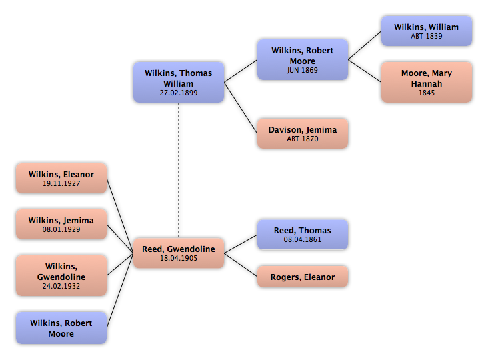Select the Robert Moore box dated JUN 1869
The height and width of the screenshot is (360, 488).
coord(302,59)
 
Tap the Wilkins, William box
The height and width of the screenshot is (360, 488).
coord(426,31)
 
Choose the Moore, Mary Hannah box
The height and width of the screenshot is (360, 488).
coord(426,82)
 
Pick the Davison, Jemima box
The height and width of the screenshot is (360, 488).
coord(302,133)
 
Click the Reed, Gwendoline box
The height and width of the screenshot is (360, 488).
coord(178,253)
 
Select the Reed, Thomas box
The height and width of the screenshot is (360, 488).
coord(302,234)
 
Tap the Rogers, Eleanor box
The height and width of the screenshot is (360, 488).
coord(302,277)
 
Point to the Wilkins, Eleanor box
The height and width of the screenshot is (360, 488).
coord(61,178)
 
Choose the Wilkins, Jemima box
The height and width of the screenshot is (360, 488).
coord(61,224)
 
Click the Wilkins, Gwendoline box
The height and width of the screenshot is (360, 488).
coord(61,275)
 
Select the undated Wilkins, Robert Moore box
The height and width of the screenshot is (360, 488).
coord(61,328)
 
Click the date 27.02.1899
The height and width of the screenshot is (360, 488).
coord(178,93)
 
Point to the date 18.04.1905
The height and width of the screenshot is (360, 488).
coord(178,259)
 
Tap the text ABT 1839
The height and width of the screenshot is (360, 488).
coord(426,37)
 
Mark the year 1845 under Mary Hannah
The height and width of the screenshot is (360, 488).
coord(426,93)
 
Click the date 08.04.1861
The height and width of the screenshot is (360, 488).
coord(302,239)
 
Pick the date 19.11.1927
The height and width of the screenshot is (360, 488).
coord(61,183)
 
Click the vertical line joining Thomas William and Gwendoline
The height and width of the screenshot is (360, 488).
coord(178,170)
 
